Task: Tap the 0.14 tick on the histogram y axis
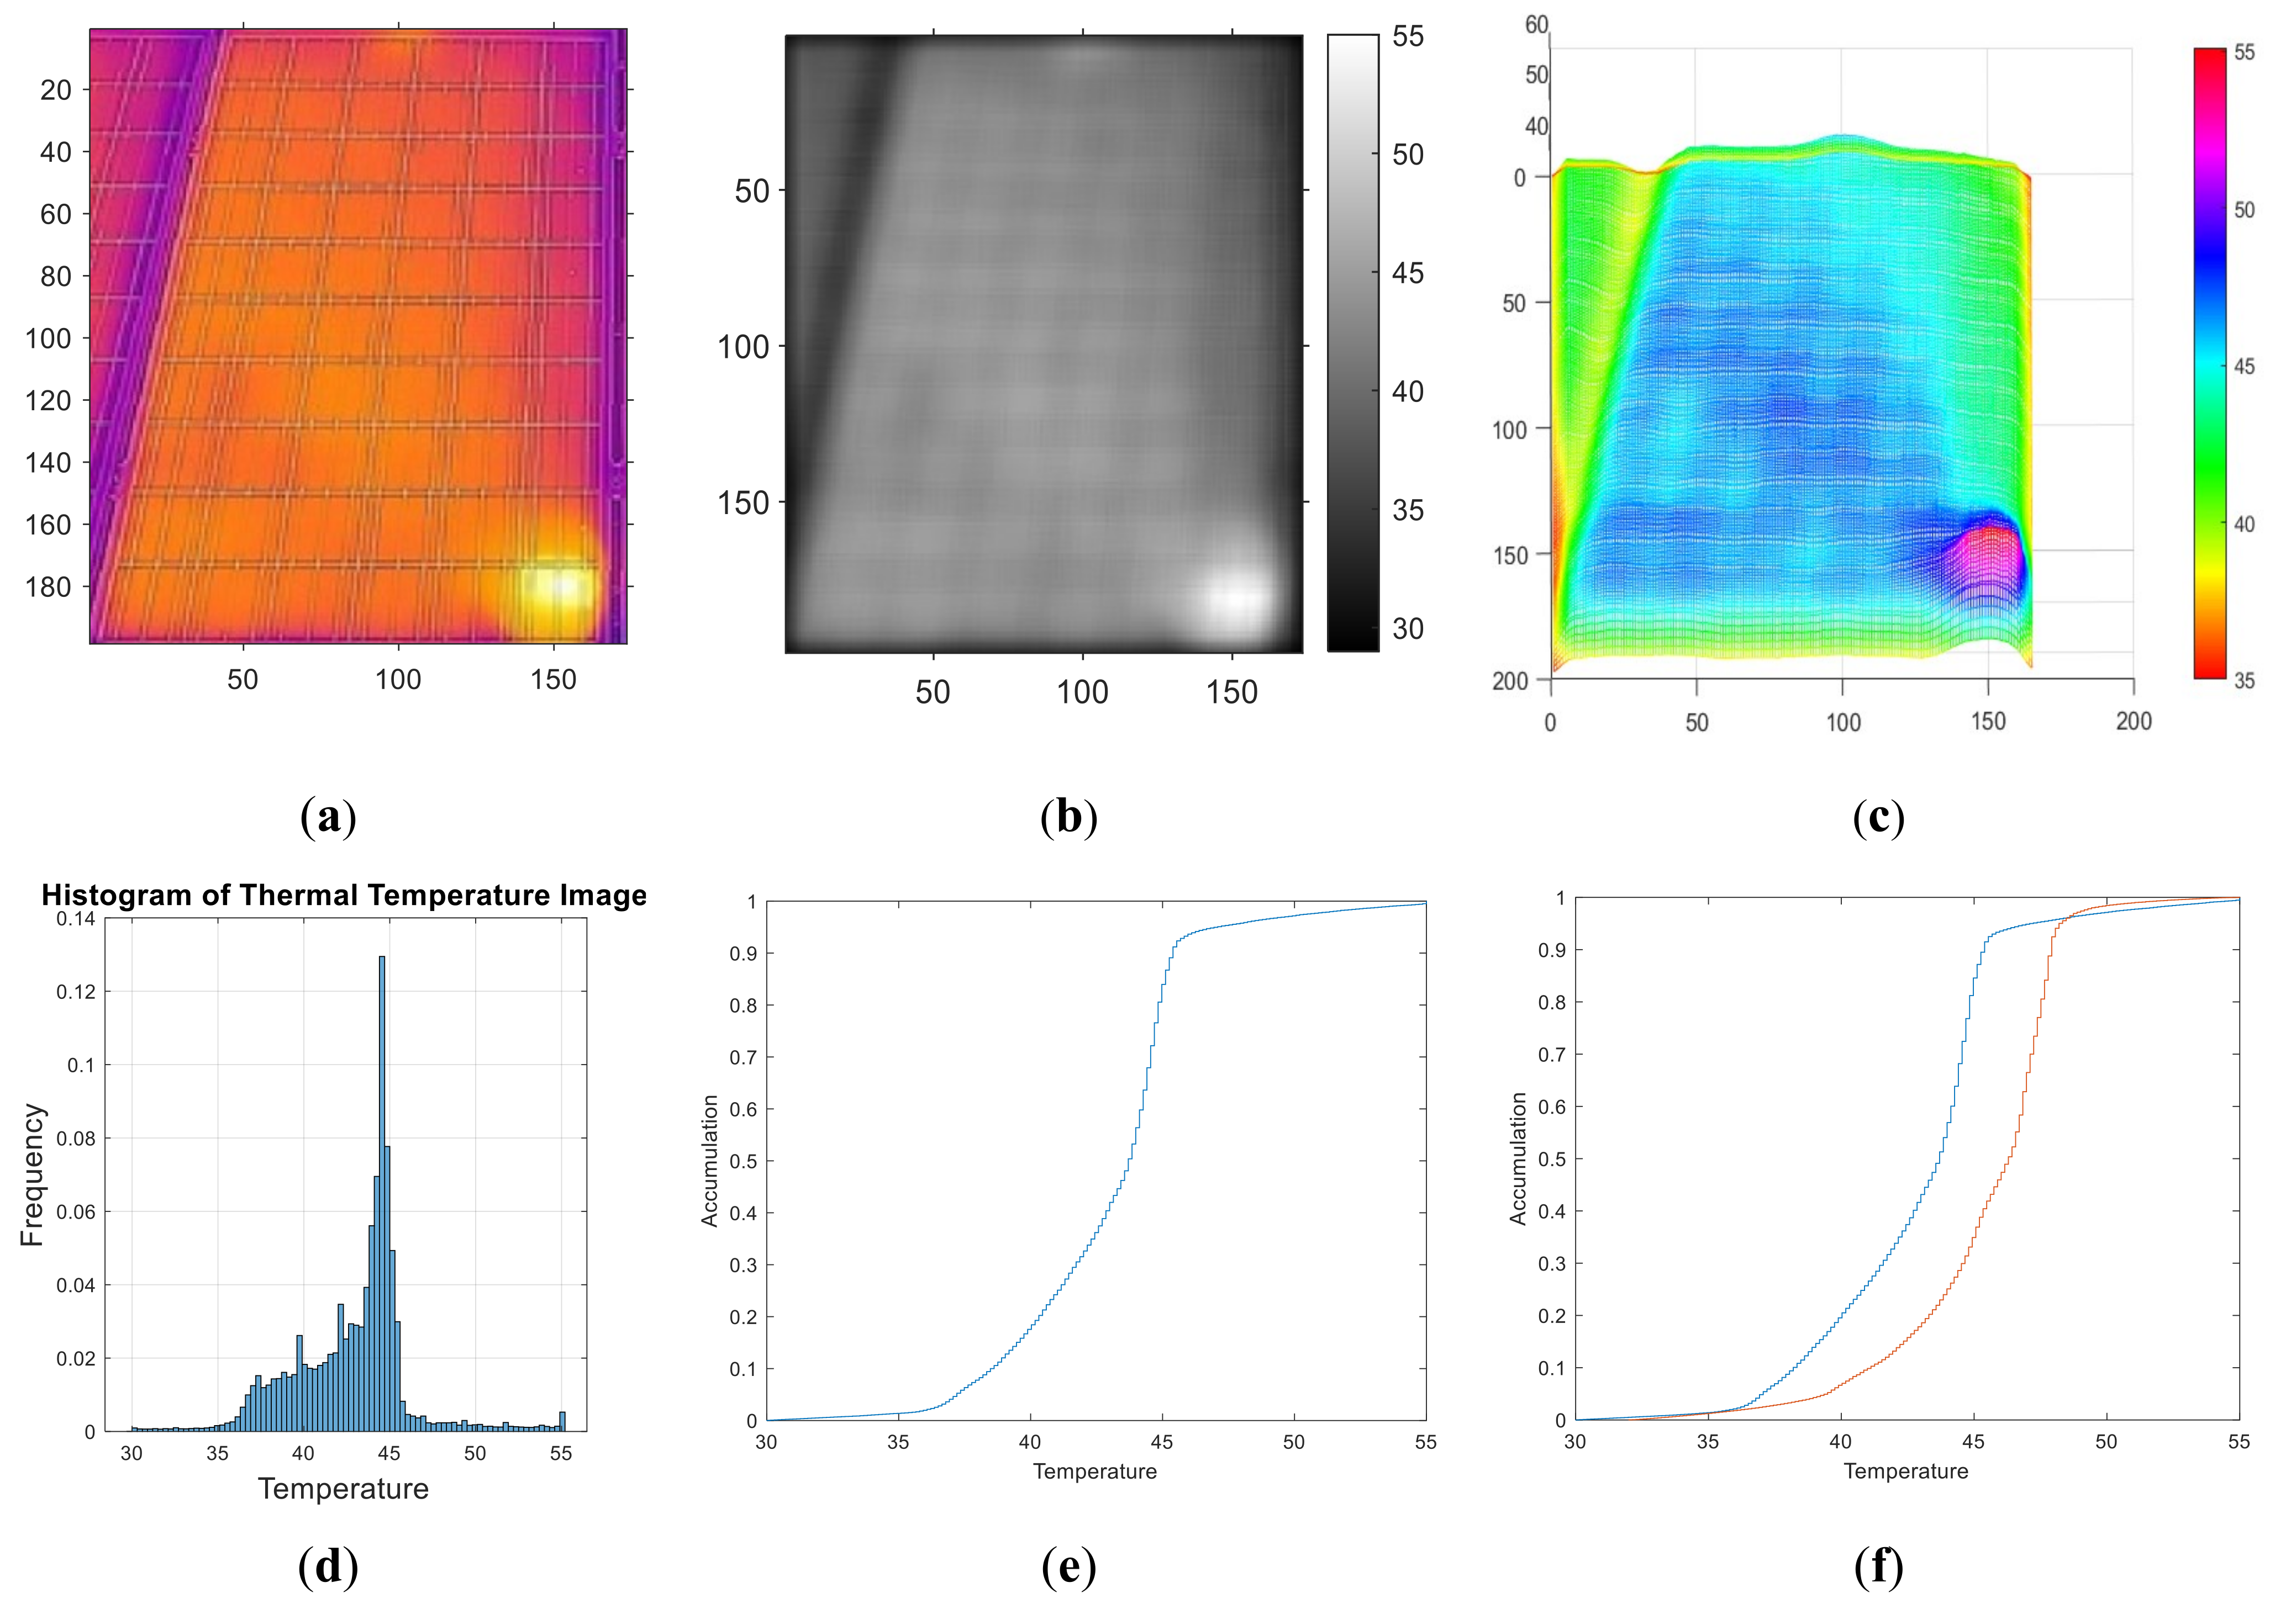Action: click(x=76, y=919)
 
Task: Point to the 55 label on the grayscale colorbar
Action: click(x=1408, y=37)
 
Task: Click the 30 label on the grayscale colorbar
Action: click(x=1408, y=628)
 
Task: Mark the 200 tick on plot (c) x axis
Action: click(x=2134, y=721)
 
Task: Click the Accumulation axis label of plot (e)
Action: click(x=709, y=1160)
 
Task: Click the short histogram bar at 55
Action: click(x=562, y=1421)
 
